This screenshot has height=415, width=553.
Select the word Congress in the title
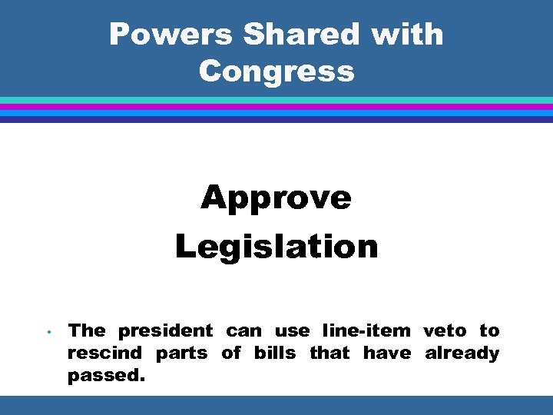point(276,71)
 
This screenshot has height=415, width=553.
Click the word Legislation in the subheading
point(276,247)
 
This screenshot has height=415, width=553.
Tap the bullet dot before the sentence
point(48,333)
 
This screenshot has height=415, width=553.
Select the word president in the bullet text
point(165,331)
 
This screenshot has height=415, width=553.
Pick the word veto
point(445,331)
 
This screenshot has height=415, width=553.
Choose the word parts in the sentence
point(181,354)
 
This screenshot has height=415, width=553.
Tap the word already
point(462,354)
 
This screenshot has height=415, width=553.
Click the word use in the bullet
point(292,331)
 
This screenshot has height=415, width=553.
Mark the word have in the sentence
point(386,354)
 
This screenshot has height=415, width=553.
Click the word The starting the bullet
point(87,331)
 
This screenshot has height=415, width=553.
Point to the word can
point(243,331)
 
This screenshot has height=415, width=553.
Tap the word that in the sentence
point(329,354)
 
